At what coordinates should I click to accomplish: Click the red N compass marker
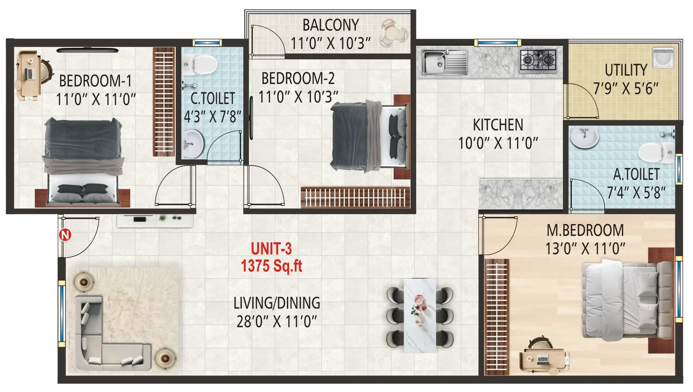tap(65, 235)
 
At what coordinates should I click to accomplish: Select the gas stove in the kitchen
tap(538, 61)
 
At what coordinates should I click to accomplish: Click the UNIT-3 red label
tap(271, 248)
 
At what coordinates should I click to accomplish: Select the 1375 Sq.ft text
tap(271, 266)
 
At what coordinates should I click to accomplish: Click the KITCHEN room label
tap(498, 125)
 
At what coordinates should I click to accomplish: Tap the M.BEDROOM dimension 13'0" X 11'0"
tap(585, 248)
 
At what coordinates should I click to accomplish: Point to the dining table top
tap(420, 315)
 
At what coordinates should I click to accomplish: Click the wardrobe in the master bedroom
tap(497, 317)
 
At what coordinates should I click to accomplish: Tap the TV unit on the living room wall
tap(155, 221)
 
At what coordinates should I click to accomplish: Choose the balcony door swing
tap(268, 41)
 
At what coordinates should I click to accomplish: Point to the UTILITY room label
tap(626, 70)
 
